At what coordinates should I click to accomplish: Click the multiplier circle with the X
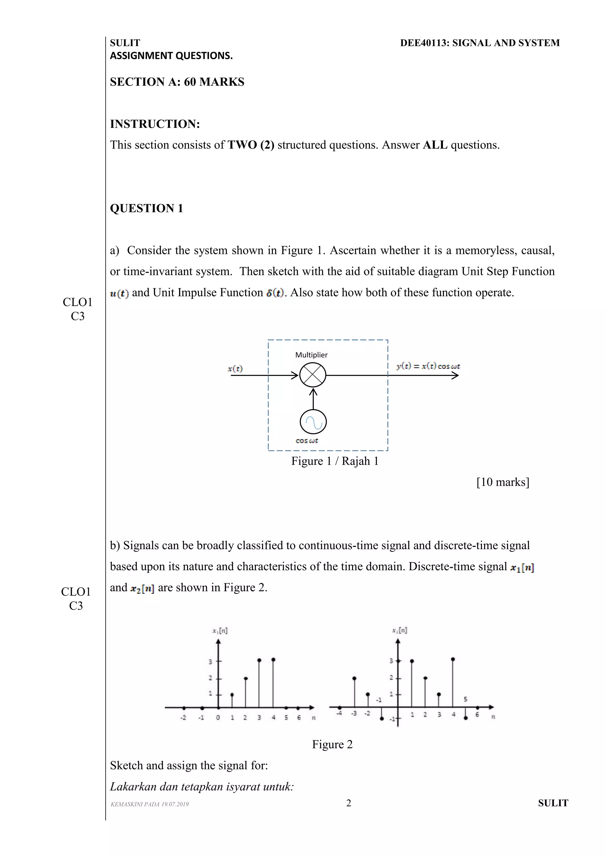(x=313, y=375)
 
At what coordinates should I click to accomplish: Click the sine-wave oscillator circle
(x=313, y=422)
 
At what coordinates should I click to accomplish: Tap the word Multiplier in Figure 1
(x=311, y=355)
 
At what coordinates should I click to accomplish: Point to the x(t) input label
(x=235, y=369)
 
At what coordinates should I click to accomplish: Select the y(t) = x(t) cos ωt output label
(x=428, y=366)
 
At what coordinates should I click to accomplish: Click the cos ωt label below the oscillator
(x=307, y=441)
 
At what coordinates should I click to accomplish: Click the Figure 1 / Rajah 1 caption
(x=335, y=461)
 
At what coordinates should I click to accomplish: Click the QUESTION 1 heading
(x=146, y=208)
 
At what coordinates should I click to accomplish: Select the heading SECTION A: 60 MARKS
(x=177, y=82)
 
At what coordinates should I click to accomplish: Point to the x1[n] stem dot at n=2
(x=246, y=678)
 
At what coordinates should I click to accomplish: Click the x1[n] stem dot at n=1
(x=232, y=695)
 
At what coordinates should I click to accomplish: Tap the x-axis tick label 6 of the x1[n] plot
(x=299, y=718)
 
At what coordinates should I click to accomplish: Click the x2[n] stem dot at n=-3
(x=354, y=678)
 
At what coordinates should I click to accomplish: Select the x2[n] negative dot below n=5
(x=465, y=718)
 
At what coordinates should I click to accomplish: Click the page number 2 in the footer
(x=349, y=803)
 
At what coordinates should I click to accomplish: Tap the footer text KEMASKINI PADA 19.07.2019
(x=150, y=804)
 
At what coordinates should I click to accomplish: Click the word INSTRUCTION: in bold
(x=155, y=124)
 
